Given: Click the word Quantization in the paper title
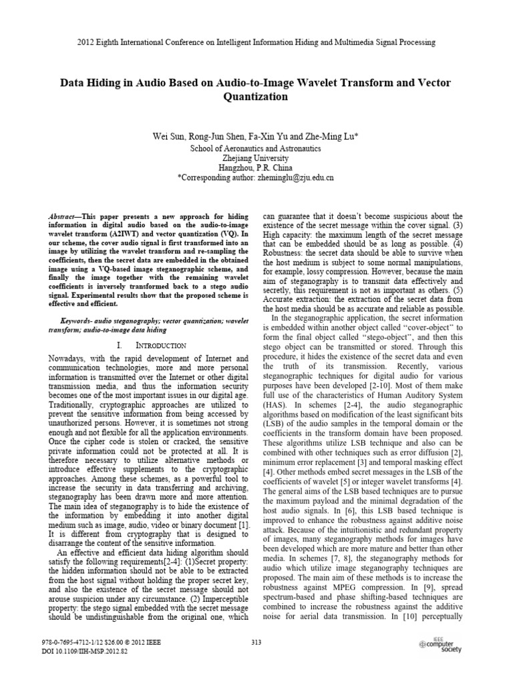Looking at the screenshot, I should click(x=256, y=97).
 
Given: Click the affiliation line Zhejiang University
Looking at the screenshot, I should click(x=256, y=158).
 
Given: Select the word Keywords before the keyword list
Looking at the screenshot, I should click(x=79, y=321).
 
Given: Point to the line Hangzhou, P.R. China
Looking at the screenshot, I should click(x=256, y=168).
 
